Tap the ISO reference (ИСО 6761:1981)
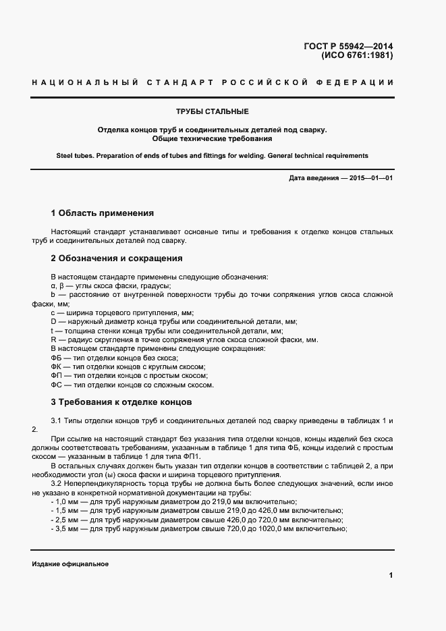[357, 56]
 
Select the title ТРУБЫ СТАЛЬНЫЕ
[213, 111]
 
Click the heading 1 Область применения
[103, 213]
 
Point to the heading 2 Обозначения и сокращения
[117, 258]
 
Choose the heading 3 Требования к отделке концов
[121, 402]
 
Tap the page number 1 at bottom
[391, 575]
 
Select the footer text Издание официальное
[70, 564]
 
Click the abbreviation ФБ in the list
[56, 357]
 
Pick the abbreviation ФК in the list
[56, 366]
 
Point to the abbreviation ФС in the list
[56, 385]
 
